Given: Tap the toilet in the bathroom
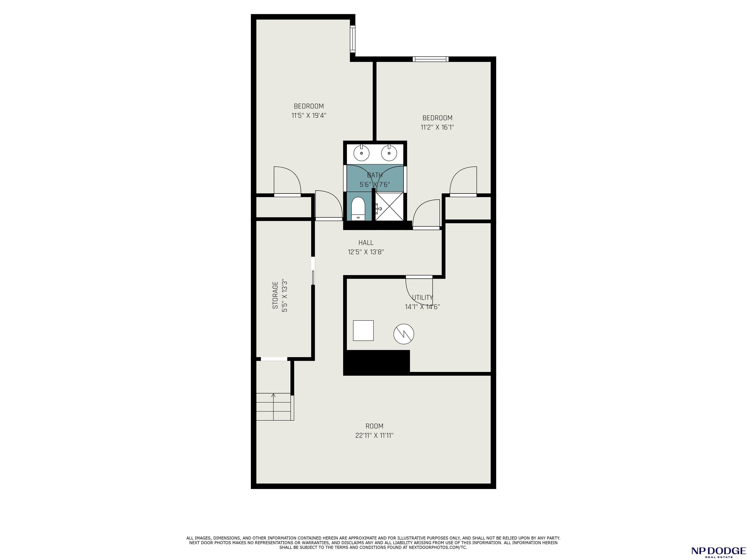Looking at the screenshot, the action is coord(358,209).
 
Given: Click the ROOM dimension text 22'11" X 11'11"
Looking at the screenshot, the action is coord(374,436).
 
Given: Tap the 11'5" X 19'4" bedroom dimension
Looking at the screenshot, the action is coord(309,116).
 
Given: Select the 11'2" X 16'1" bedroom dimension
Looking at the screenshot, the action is coord(437,128).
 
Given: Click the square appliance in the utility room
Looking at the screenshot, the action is coord(363,331).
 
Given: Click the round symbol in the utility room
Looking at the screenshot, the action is coord(404,334).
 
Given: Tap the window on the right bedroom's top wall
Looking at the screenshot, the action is coord(431,59).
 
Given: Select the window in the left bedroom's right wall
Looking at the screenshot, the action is coord(353,39).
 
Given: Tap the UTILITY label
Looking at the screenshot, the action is coord(422,298).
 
